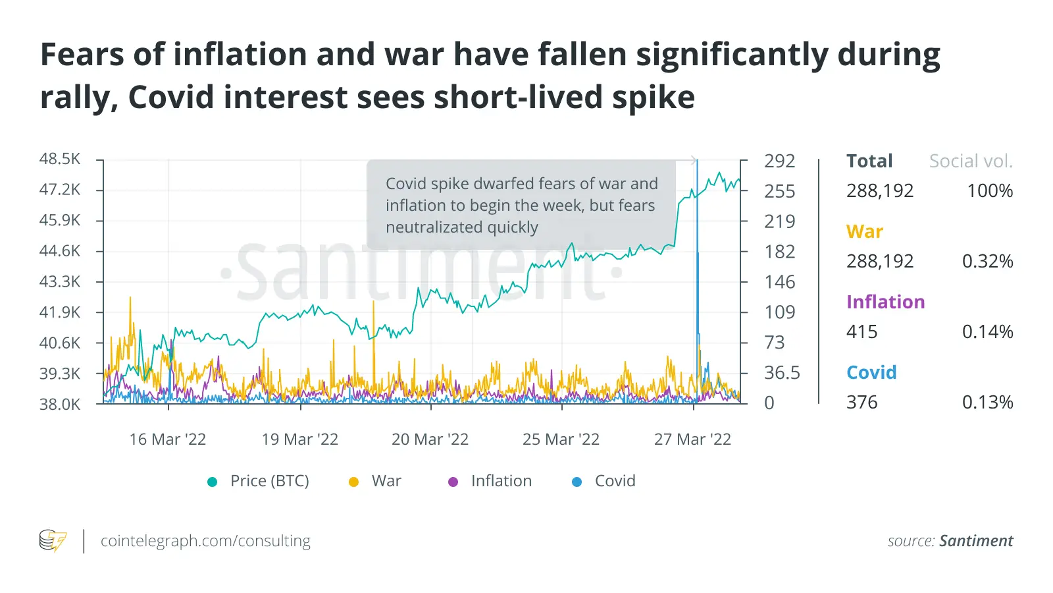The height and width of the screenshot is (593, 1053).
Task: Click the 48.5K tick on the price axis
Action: pos(59,159)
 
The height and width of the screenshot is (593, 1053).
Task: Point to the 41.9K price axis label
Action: pos(59,312)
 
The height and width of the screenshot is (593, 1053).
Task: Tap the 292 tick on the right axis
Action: pos(779,161)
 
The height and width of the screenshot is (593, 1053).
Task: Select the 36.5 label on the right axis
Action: pos(782,373)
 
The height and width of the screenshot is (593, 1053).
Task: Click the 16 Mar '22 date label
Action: pos(168,439)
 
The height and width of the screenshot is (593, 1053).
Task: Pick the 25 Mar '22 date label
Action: pos(561,439)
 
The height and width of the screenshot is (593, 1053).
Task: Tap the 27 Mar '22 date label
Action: pos(692,439)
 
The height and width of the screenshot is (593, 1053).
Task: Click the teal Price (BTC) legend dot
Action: pos(212,482)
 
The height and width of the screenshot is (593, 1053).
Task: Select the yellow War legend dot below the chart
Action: pos(353,482)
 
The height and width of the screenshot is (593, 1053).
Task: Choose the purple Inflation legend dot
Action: pos(453,482)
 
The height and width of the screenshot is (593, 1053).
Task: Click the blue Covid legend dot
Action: pos(577,482)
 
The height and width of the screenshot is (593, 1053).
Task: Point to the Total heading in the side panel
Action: pos(869,161)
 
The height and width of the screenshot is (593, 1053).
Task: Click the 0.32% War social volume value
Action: pos(987,262)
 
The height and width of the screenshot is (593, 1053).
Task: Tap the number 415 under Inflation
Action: pos(861,331)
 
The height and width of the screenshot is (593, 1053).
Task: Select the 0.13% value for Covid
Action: pos(987,403)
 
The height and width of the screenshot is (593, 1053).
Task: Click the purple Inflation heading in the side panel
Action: pos(885,302)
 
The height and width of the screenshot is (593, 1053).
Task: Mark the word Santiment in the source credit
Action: pos(976,541)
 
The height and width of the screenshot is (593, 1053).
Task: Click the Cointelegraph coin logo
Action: pos(53,540)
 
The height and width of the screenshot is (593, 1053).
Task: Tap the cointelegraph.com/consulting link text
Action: pos(205,541)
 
